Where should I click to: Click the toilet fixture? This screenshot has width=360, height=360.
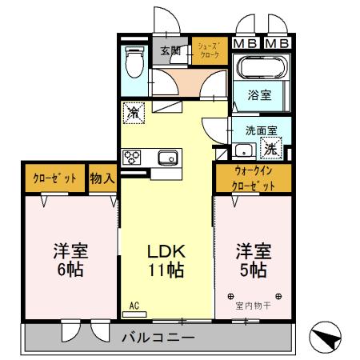point(133,61)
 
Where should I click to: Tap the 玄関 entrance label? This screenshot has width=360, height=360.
point(170,50)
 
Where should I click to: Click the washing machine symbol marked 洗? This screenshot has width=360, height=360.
point(271,148)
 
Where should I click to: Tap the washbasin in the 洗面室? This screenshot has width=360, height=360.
point(242,149)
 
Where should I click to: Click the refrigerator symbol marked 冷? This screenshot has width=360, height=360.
point(134,112)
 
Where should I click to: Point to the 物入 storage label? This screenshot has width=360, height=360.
point(101,178)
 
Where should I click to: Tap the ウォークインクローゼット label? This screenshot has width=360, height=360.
point(254,177)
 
